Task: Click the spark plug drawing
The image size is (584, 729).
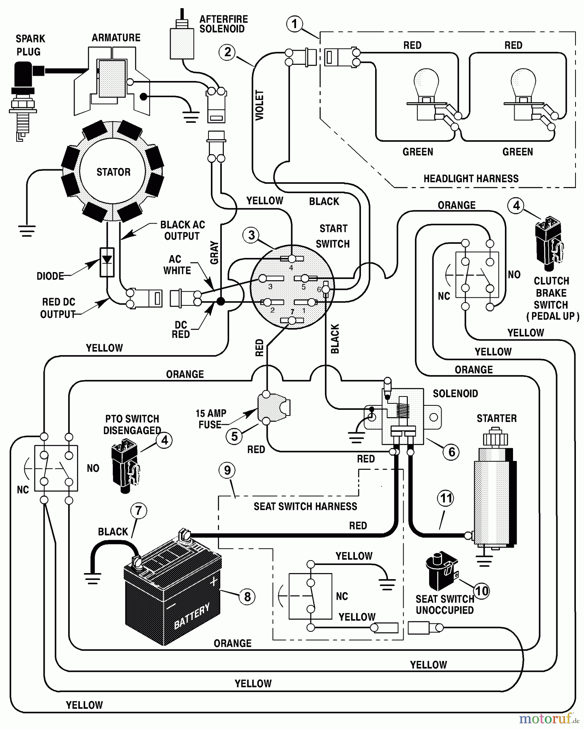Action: (23, 97)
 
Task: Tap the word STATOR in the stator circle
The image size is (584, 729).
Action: (113, 172)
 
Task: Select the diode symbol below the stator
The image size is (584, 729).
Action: (107, 262)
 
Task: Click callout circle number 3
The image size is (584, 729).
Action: (251, 235)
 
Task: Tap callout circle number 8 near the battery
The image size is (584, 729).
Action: (247, 596)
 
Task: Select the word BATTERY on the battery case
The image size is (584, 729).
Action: (192, 616)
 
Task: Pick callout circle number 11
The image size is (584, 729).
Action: (446, 498)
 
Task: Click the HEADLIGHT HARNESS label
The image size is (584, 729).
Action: (471, 179)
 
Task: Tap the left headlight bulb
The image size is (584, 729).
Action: (426, 83)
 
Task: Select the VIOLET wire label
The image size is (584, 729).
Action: (260, 105)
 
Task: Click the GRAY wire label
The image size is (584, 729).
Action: (214, 253)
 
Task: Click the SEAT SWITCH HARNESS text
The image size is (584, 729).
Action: (305, 506)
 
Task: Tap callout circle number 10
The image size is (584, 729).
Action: (481, 591)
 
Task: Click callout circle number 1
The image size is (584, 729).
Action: (294, 23)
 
